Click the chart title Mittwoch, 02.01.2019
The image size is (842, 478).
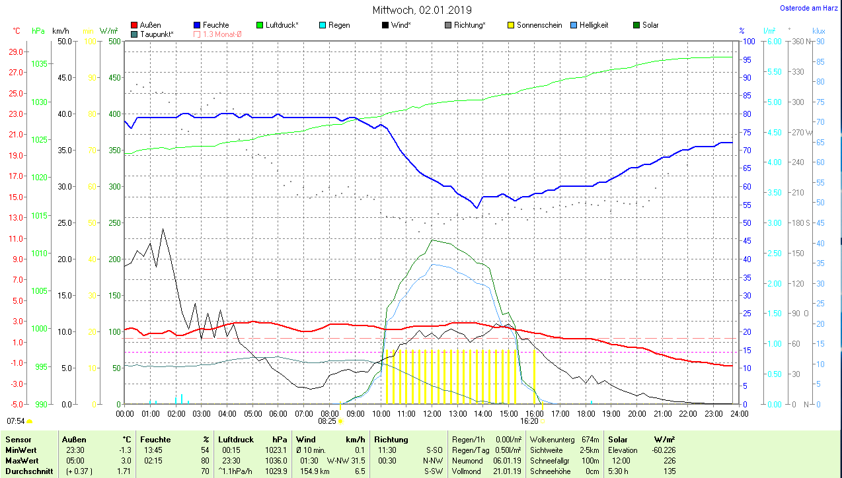click(422, 10)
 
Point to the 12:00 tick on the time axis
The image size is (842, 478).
click(432, 414)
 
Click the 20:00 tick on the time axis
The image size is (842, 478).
click(636, 414)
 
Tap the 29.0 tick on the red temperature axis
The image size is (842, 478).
click(15, 51)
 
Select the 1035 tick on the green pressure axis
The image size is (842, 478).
click(39, 63)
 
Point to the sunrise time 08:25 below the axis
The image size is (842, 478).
click(327, 421)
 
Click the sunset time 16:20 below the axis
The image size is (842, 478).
click(529, 421)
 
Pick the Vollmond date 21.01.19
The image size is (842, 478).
click(508, 471)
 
